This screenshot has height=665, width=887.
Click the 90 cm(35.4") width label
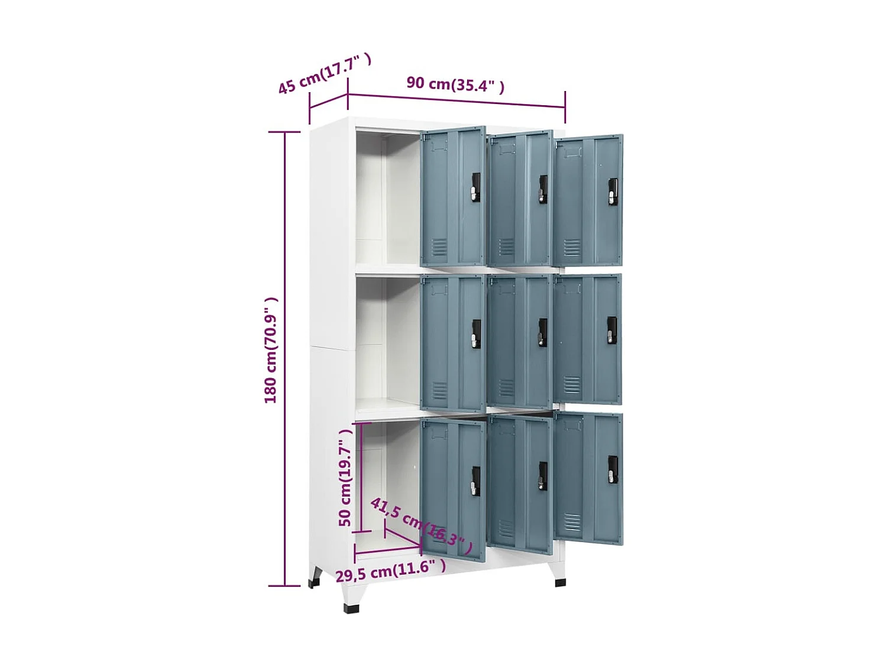point(455,85)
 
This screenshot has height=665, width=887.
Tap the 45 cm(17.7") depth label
point(324,74)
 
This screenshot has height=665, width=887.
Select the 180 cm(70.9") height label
point(271,351)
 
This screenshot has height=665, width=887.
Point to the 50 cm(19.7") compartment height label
point(345,478)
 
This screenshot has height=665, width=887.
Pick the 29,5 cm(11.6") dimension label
point(390,571)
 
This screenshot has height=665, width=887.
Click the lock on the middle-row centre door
point(542,332)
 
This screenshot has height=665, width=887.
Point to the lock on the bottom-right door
point(613,470)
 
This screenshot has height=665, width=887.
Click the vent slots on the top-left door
point(439,247)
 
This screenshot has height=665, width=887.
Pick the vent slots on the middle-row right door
point(571,385)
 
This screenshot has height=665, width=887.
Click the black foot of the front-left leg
point(351,608)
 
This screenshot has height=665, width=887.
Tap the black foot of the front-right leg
point(560,583)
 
